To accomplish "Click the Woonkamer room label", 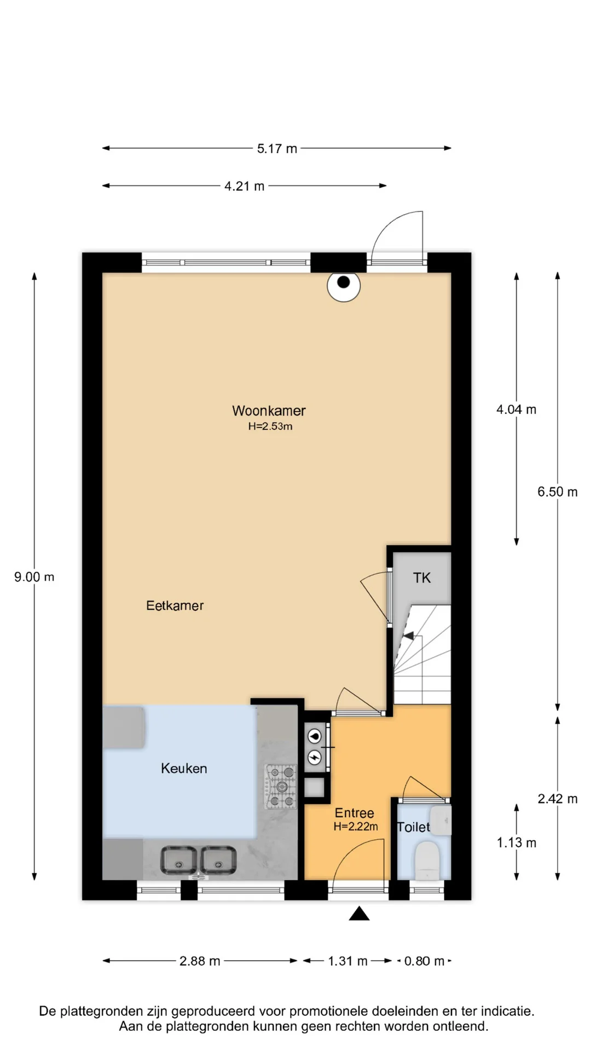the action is pyautogui.click(x=269, y=411).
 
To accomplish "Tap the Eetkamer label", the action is pyautogui.click(x=175, y=605).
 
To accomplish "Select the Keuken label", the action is pyautogui.click(x=184, y=769).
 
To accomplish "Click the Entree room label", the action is pyautogui.click(x=355, y=813).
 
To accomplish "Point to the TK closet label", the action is pyautogui.click(x=422, y=578).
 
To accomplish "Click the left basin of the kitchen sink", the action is pyautogui.click(x=178, y=861).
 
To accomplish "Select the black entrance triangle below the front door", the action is pyautogui.click(x=359, y=913).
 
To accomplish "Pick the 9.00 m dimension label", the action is pyautogui.click(x=34, y=577).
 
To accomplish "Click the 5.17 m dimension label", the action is pyautogui.click(x=277, y=148).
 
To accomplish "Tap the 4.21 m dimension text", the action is pyautogui.click(x=244, y=186).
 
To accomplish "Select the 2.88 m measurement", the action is pyautogui.click(x=200, y=961).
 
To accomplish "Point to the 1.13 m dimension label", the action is pyautogui.click(x=516, y=843).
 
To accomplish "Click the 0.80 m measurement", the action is pyautogui.click(x=424, y=961).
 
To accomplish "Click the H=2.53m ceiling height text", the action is pyautogui.click(x=270, y=426).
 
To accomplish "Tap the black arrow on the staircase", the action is pyautogui.click(x=408, y=636).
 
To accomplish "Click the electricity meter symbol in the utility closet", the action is pyautogui.click(x=315, y=757).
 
